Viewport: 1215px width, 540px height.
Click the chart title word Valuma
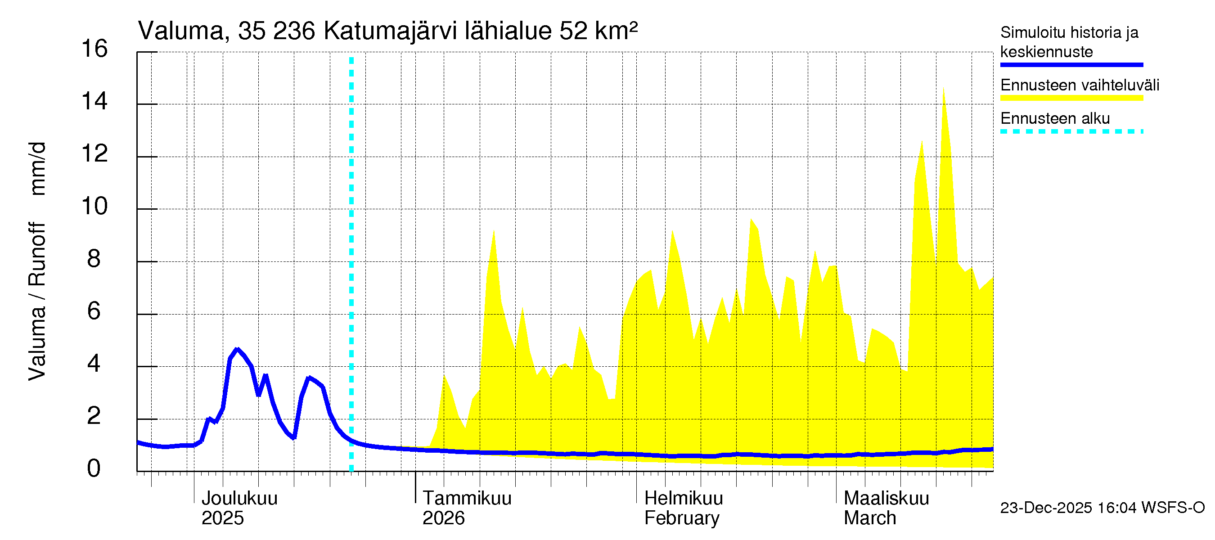pyautogui.click(x=180, y=31)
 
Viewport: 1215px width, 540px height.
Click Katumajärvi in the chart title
pyautogui.click(x=390, y=31)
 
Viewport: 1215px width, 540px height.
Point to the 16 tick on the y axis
pyautogui.click(x=94, y=49)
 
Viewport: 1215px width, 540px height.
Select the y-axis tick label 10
pyautogui.click(x=94, y=207)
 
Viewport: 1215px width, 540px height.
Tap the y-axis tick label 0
pyautogui.click(x=94, y=469)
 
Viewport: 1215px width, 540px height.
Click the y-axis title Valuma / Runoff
pyautogui.click(x=37, y=302)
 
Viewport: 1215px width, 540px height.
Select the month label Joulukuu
pyautogui.click(x=239, y=499)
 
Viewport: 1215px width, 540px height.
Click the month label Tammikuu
pyautogui.click(x=467, y=499)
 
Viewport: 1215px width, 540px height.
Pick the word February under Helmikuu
pyautogui.click(x=682, y=518)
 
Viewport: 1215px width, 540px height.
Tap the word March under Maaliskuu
pyautogui.click(x=870, y=518)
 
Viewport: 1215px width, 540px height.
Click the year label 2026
pyautogui.click(x=443, y=518)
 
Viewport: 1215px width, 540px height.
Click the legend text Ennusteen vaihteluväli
pyautogui.click(x=1080, y=85)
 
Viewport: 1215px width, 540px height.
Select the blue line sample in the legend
pyautogui.click(x=1071, y=65)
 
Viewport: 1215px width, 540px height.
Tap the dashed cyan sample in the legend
pyautogui.click(x=1071, y=131)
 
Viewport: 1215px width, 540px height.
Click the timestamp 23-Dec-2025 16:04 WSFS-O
pyautogui.click(x=1102, y=508)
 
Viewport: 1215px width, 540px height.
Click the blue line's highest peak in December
pyautogui.click(x=237, y=350)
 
